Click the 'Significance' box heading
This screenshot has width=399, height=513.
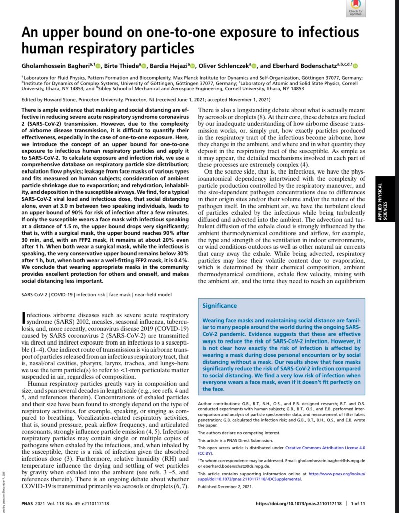219,305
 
